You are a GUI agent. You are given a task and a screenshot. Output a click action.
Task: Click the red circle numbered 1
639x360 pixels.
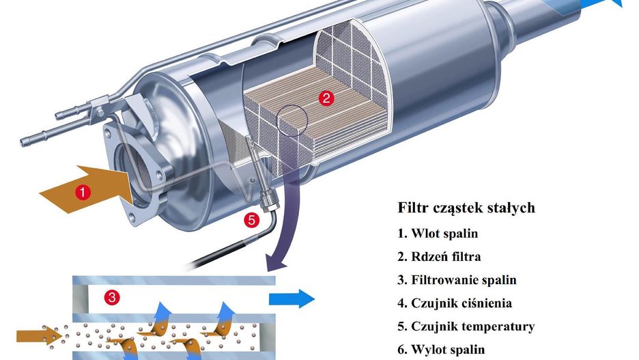pos(83,193)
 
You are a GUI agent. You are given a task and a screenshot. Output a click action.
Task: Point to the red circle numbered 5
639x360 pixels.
pos(252,220)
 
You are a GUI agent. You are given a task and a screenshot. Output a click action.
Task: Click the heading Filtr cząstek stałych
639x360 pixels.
pos(466,208)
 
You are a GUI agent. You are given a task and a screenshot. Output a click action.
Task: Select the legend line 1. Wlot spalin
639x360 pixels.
pos(438,234)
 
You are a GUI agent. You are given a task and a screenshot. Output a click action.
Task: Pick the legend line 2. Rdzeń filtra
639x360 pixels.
pos(439,257)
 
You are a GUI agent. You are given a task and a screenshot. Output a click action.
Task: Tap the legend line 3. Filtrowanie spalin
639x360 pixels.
pos(457,280)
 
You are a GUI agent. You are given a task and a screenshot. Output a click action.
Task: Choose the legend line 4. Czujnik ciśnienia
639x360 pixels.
pos(455,303)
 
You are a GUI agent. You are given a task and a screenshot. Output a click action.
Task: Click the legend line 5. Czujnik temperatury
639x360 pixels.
pos(466,327)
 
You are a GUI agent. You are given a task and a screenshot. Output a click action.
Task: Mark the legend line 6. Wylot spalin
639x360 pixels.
pos(441,350)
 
